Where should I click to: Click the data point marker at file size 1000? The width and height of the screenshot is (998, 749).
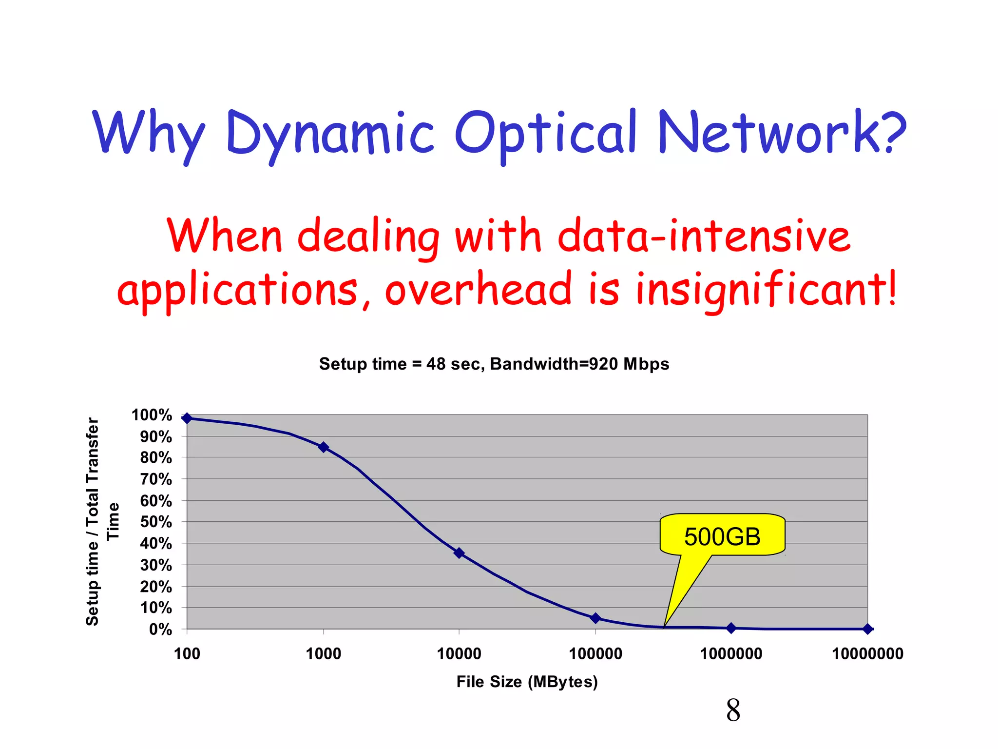324,447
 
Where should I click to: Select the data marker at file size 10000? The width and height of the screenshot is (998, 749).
459,553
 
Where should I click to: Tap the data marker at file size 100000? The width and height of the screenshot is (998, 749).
595,618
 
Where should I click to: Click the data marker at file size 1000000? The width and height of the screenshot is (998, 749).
731,628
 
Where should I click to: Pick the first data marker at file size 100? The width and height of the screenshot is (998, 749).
187,418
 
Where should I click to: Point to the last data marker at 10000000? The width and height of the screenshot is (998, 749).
867,629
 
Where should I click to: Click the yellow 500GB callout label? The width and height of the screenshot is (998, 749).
722,536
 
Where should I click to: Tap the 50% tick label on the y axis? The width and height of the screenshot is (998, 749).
156,522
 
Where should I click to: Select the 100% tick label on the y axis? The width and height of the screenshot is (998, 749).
152,415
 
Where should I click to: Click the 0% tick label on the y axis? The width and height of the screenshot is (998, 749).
160,630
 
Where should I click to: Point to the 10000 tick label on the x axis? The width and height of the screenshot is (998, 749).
459,653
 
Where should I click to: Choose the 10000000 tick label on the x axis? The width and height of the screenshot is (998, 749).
867,653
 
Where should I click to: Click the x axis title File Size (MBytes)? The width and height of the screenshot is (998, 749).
527,682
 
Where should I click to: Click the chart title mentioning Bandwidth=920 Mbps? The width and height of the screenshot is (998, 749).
494,364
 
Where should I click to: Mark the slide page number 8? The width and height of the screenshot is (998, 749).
733,710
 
